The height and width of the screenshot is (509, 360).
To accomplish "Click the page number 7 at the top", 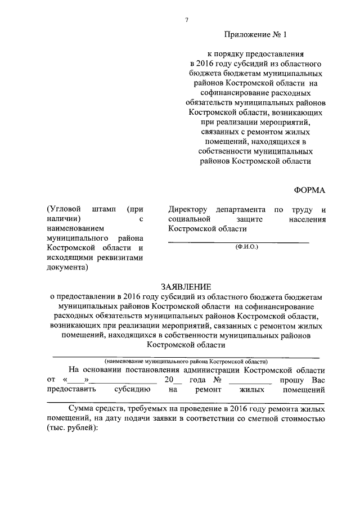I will [x=186, y=20].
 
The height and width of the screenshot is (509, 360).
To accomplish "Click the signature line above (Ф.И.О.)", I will [x=238, y=241].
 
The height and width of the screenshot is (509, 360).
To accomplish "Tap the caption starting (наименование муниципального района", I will [x=186, y=361].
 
